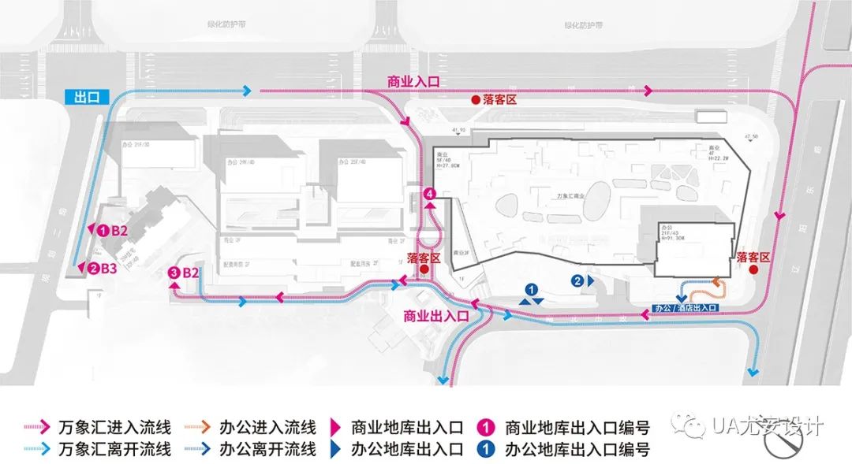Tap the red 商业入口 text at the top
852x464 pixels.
coord(413,81)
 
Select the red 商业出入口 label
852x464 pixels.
coord(436,316)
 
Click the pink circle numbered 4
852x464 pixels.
coord(429,194)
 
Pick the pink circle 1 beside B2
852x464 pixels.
coord(103,231)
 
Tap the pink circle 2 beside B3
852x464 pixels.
coord(93,269)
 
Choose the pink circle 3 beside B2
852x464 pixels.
coord(174,273)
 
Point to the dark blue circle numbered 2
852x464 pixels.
coord(578,280)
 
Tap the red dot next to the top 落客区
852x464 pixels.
coord(475,100)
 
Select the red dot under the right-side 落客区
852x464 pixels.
coord(753,269)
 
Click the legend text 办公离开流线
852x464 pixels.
coord(268,450)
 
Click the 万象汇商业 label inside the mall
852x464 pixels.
coord(567,194)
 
